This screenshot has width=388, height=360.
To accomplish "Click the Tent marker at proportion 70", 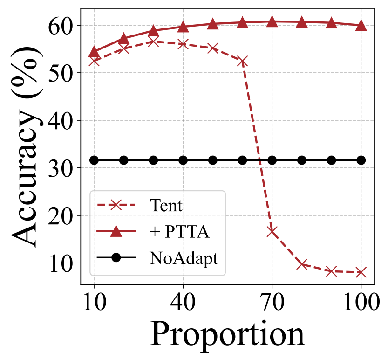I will coord(272,231).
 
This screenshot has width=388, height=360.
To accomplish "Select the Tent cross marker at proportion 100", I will coord(361,272).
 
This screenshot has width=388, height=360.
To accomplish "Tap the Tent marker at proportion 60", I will coord(242,62).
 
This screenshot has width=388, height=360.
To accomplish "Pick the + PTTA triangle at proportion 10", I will coord(94,52).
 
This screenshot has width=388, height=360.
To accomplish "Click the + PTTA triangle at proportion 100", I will coord(361,26).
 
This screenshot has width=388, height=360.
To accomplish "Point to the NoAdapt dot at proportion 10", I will coord(94,160).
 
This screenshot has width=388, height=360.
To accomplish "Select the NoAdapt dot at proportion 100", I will coord(361,160).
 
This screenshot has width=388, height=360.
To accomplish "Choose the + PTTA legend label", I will coord(180,232).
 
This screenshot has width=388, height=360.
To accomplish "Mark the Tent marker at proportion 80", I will coord(302,264).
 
